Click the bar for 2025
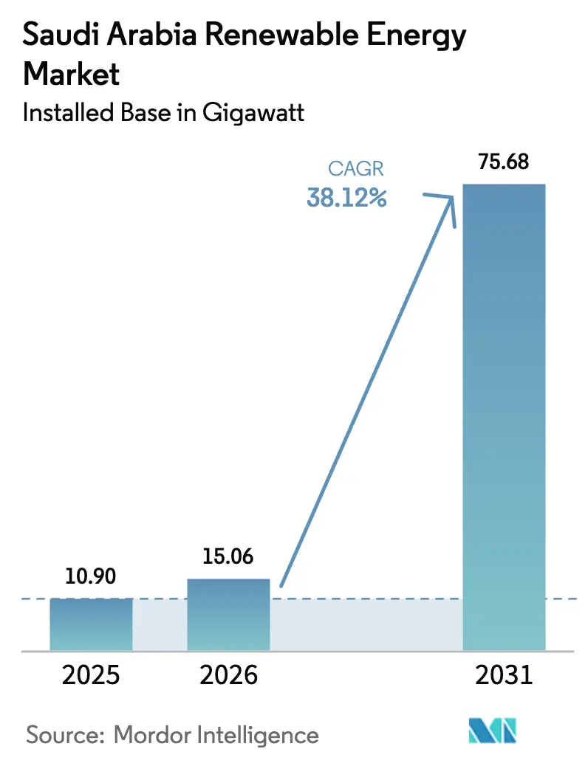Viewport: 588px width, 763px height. pyautogui.click(x=91, y=624)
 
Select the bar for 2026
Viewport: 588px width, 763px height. pyautogui.click(x=228, y=614)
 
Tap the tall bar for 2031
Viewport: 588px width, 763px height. pyautogui.click(x=503, y=417)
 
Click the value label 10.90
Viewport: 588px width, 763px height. pyautogui.click(x=91, y=576)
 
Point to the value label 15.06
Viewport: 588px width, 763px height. pyautogui.click(x=228, y=556)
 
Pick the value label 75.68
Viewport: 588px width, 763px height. pyautogui.click(x=503, y=162)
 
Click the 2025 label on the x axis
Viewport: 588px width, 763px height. pyautogui.click(x=91, y=675)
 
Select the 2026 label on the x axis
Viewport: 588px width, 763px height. pyautogui.click(x=228, y=675)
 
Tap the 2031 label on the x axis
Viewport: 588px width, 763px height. pyautogui.click(x=503, y=675)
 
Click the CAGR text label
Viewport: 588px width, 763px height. pyautogui.click(x=355, y=168)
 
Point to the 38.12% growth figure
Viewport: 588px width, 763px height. pyautogui.click(x=346, y=197)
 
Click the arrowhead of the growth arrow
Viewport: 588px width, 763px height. pyautogui.click(x=451, y=200)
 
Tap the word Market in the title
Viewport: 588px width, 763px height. pyautogui.click(x=72, y=74)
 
